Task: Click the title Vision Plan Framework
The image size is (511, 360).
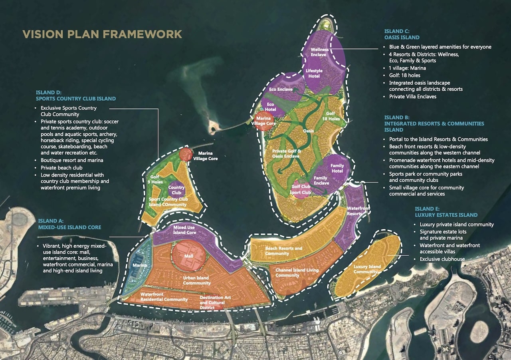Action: point(102,34)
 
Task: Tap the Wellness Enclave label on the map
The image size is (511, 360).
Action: point(320,52)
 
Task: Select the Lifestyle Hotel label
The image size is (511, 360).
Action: point(314,74)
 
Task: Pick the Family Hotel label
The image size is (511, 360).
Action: point(337,168)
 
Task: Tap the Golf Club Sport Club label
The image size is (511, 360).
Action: point(301,189)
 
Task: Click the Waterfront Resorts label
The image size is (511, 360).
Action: point(358,211)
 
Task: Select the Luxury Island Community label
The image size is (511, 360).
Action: point(367,269)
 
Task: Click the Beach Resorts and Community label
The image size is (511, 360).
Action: point(283,251)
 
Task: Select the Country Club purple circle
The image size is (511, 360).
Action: point(176,190)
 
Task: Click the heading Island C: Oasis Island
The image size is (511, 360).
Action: point(402,34)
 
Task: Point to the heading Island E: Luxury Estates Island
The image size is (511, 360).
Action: point(446,212)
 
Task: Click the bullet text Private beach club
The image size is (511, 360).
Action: point(61,168)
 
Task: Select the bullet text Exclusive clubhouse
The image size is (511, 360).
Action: point(442,259)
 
